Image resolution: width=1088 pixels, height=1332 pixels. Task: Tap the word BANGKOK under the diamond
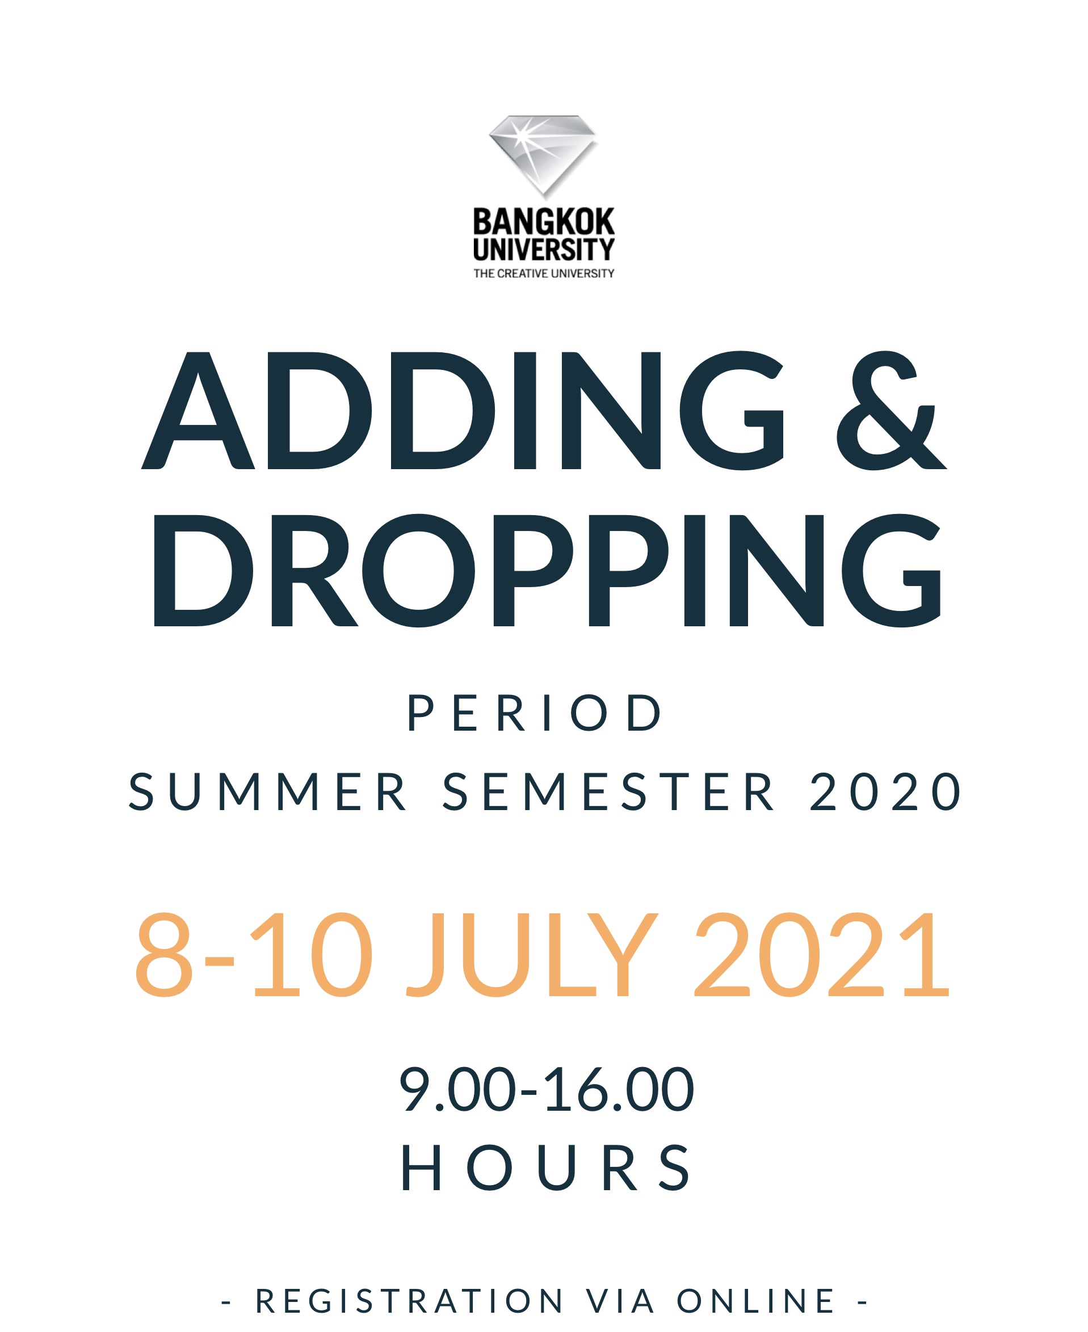(x=544, y=222)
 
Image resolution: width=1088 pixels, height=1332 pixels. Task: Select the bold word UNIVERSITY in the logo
(x=544, y=250)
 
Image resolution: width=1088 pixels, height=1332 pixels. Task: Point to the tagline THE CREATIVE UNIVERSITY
(x=544, y=274)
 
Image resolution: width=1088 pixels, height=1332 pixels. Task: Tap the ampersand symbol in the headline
(x=892, y=410)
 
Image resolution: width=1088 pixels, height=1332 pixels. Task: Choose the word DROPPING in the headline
(x=547, y=570)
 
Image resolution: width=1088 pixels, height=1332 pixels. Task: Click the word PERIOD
(x=535, y=713)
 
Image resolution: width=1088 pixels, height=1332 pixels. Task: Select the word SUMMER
(x=268, y=792)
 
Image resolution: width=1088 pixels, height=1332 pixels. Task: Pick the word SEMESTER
(x=608, y=792)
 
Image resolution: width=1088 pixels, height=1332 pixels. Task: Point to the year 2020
(x=885, y=792)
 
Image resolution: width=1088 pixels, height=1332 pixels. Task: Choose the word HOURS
(x=546, y=1168)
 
